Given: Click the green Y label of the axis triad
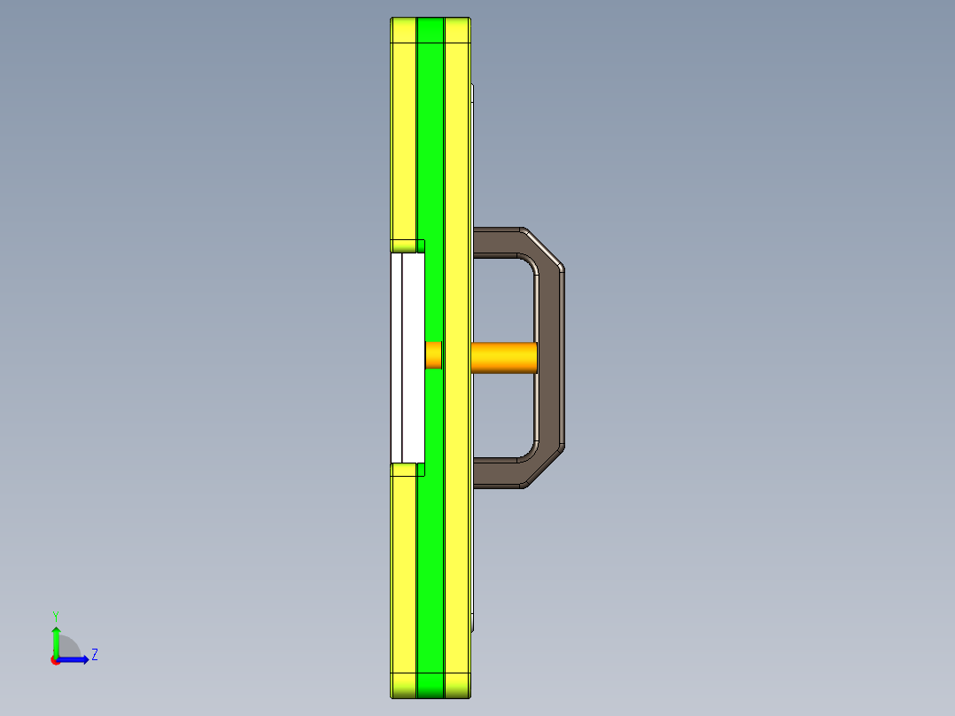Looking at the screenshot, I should (56, 615).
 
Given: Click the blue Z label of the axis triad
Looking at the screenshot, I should (94, 655).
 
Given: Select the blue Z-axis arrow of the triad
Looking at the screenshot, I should (75, 659).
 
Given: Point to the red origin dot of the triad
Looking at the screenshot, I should (56, 660).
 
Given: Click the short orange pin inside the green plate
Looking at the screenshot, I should (433, 355).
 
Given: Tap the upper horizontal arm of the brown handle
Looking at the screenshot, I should (496, 242).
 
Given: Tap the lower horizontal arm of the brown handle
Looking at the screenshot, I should (496, 474).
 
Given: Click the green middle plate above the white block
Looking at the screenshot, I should (430, 133).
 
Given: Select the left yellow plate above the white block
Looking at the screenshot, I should (403, 133).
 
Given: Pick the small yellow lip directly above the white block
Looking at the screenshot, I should (407, 246).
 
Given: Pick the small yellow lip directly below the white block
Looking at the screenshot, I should (407, 469).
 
